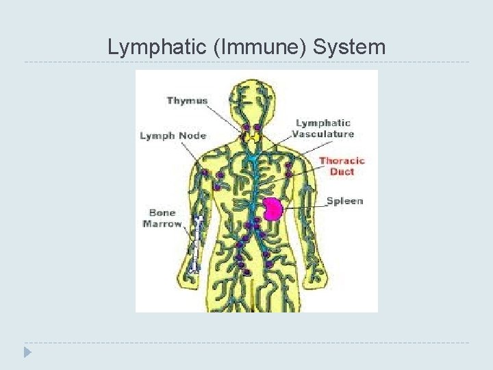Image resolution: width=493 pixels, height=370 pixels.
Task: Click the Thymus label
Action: [187, 101]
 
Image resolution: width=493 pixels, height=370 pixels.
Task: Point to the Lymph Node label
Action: [173, 136]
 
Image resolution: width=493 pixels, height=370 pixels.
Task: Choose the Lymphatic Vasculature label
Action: [324, 129]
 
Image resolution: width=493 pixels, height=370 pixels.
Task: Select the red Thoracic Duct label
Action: [342, 166]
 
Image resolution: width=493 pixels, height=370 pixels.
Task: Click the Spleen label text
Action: [344, 201]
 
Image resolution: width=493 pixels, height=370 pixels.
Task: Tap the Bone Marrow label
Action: [162, 218]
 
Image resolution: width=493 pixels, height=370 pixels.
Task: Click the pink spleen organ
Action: [274, 208]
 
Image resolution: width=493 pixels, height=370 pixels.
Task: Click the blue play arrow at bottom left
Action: [27, 353]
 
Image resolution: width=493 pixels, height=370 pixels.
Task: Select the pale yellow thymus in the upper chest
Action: [253, 138]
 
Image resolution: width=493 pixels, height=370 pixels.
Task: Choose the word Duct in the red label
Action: [342, 171]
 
